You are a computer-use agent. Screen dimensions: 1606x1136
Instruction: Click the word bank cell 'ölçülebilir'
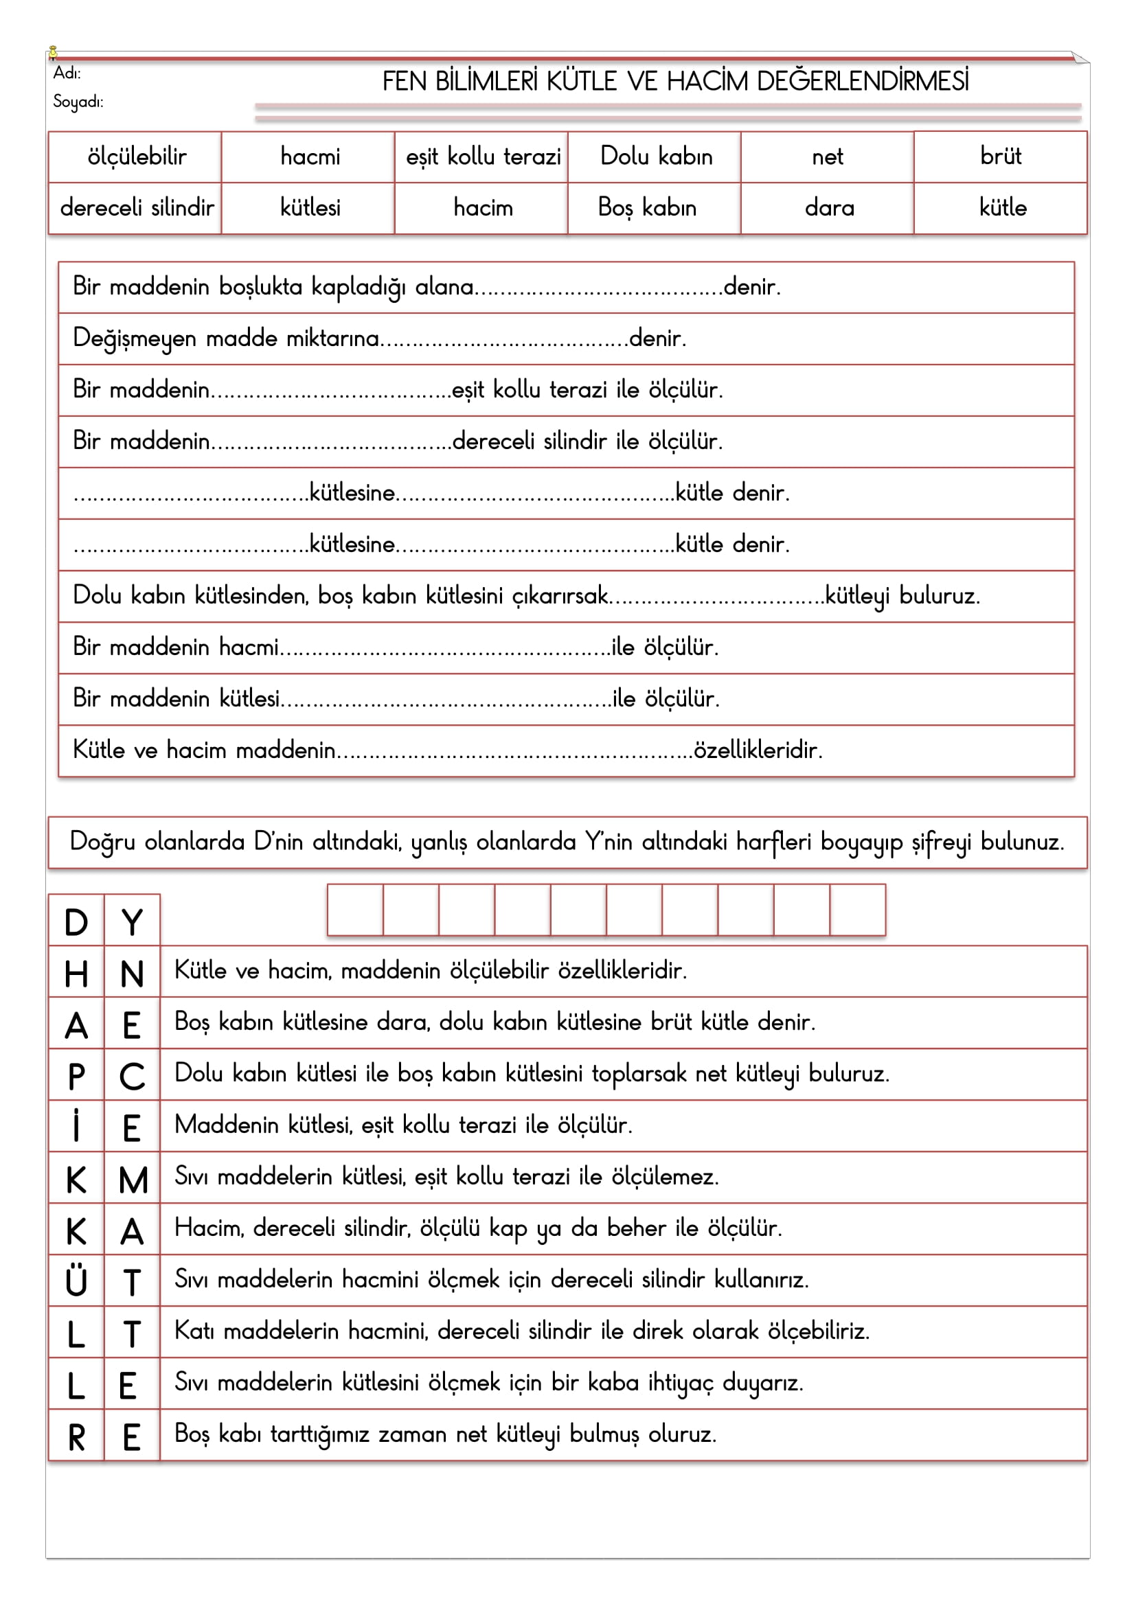[137, 157]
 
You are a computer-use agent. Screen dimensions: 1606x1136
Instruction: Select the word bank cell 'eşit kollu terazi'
[483, 157]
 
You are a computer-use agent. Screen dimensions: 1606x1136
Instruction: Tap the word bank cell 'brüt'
[1000, 156]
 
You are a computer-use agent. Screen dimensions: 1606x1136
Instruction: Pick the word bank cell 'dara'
[829, 208]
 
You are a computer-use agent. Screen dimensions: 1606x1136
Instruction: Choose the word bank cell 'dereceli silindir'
[137, 208]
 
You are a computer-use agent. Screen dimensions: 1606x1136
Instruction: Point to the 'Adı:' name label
[67, 73]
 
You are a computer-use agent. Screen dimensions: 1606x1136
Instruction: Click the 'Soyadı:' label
[78, 102]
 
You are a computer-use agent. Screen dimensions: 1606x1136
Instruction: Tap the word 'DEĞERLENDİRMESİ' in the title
[863, 82]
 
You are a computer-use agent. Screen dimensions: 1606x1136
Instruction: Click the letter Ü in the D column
[76, 1281]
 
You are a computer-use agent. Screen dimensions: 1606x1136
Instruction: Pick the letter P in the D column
[76, 1077]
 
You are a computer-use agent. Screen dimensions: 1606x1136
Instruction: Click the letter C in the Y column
[132, 1077]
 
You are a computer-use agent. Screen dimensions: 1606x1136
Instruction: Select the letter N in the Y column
[132, 974]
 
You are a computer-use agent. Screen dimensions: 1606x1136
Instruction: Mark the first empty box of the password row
[355, 909]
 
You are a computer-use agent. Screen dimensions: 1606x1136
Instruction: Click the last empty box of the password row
[858, 909]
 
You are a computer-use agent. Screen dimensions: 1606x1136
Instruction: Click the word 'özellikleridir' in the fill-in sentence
[757, 750]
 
